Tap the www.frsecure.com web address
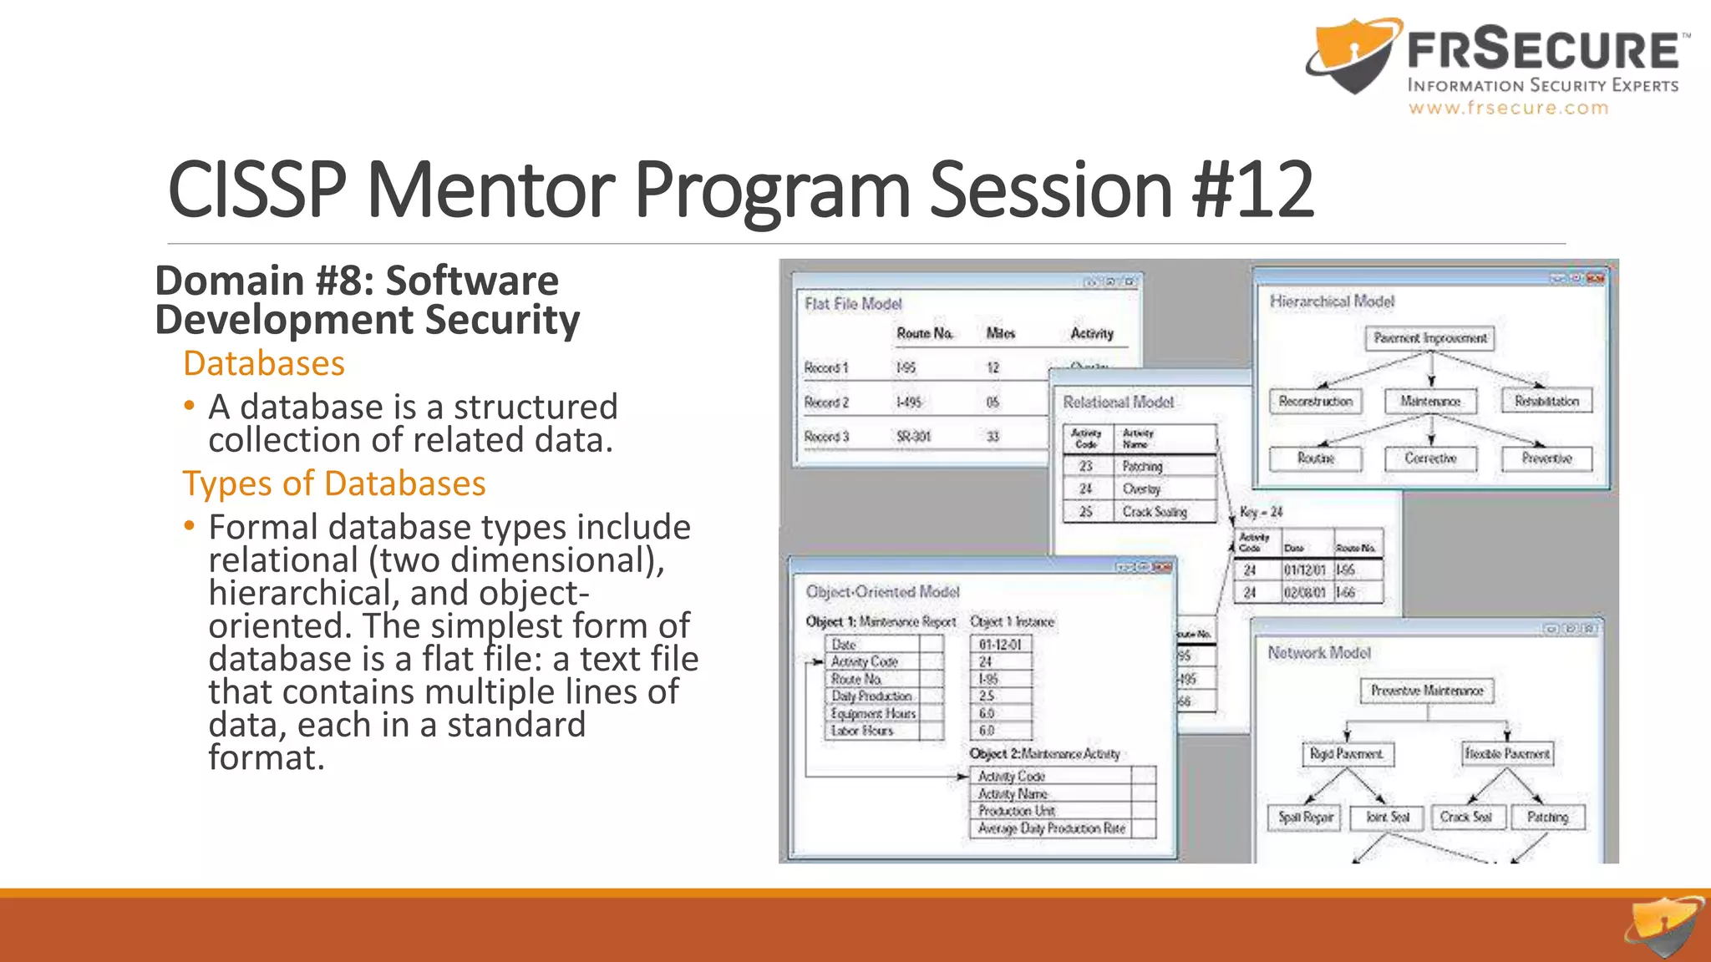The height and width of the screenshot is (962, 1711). click(x=1508, y=108)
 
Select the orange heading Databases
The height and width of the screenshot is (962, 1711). click(x=264, y=364)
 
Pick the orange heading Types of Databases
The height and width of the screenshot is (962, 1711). click(x=334, y=484)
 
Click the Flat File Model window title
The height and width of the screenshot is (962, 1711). click(x=853, y=304)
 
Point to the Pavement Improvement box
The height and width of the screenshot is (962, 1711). click(x=1430, y=338)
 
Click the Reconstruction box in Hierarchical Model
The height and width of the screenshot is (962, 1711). click(x=1315, y=402)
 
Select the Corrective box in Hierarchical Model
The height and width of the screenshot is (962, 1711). click(x=1430, y=458)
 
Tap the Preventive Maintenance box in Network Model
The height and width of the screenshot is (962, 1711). click(x=1427, y=691)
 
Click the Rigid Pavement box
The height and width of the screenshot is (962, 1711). click(x=1346, y=754)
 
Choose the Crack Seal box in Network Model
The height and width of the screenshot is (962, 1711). click(x=1466, y=817)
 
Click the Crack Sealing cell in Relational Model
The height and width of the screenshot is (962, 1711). click(x=1155, y=512)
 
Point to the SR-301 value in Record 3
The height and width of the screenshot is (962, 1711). click(x=913, y=437)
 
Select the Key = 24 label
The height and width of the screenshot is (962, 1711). click(x=1261, y=512)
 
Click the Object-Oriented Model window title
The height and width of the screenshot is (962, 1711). click(x=882, y=592)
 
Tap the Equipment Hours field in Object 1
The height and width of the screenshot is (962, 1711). click(x=873, y=714)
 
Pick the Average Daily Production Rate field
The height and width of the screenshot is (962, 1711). click(x=1051, y=828)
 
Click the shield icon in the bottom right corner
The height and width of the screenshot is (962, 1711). click(x=1663, y=929)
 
